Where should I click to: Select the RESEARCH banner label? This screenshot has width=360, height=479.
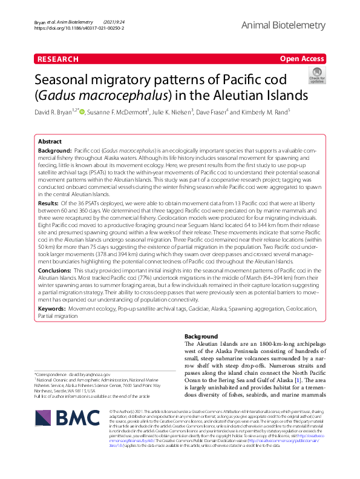(58, 59)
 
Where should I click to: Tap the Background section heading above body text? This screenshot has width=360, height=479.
(200, 336)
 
